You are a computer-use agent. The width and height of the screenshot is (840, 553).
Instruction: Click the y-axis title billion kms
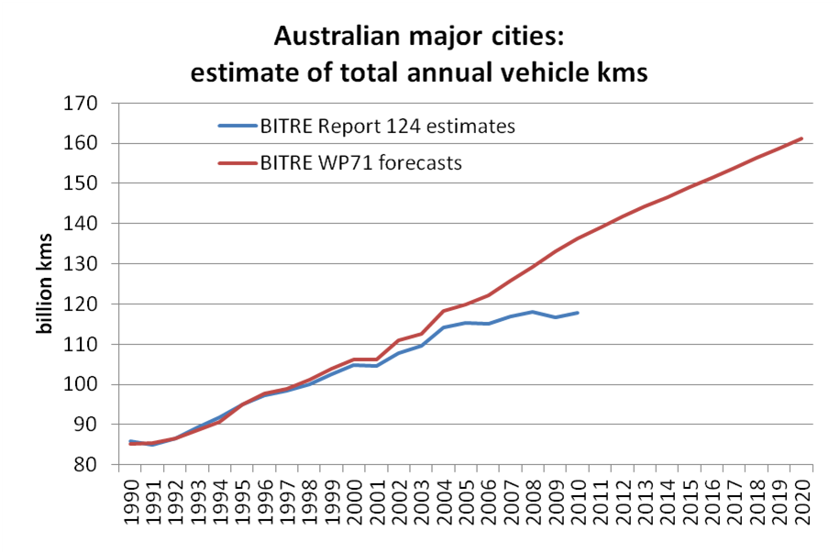pyautogui.click(x=43, y=283)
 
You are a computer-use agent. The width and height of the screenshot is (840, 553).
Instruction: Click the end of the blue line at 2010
pyautogui.click(x=577, y=313)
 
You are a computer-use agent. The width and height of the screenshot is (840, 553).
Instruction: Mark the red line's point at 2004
pyautogui.click(x=444, y=311)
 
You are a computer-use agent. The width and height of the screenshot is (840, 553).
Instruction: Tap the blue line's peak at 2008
pyautogui.click(x=533, y=312)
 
